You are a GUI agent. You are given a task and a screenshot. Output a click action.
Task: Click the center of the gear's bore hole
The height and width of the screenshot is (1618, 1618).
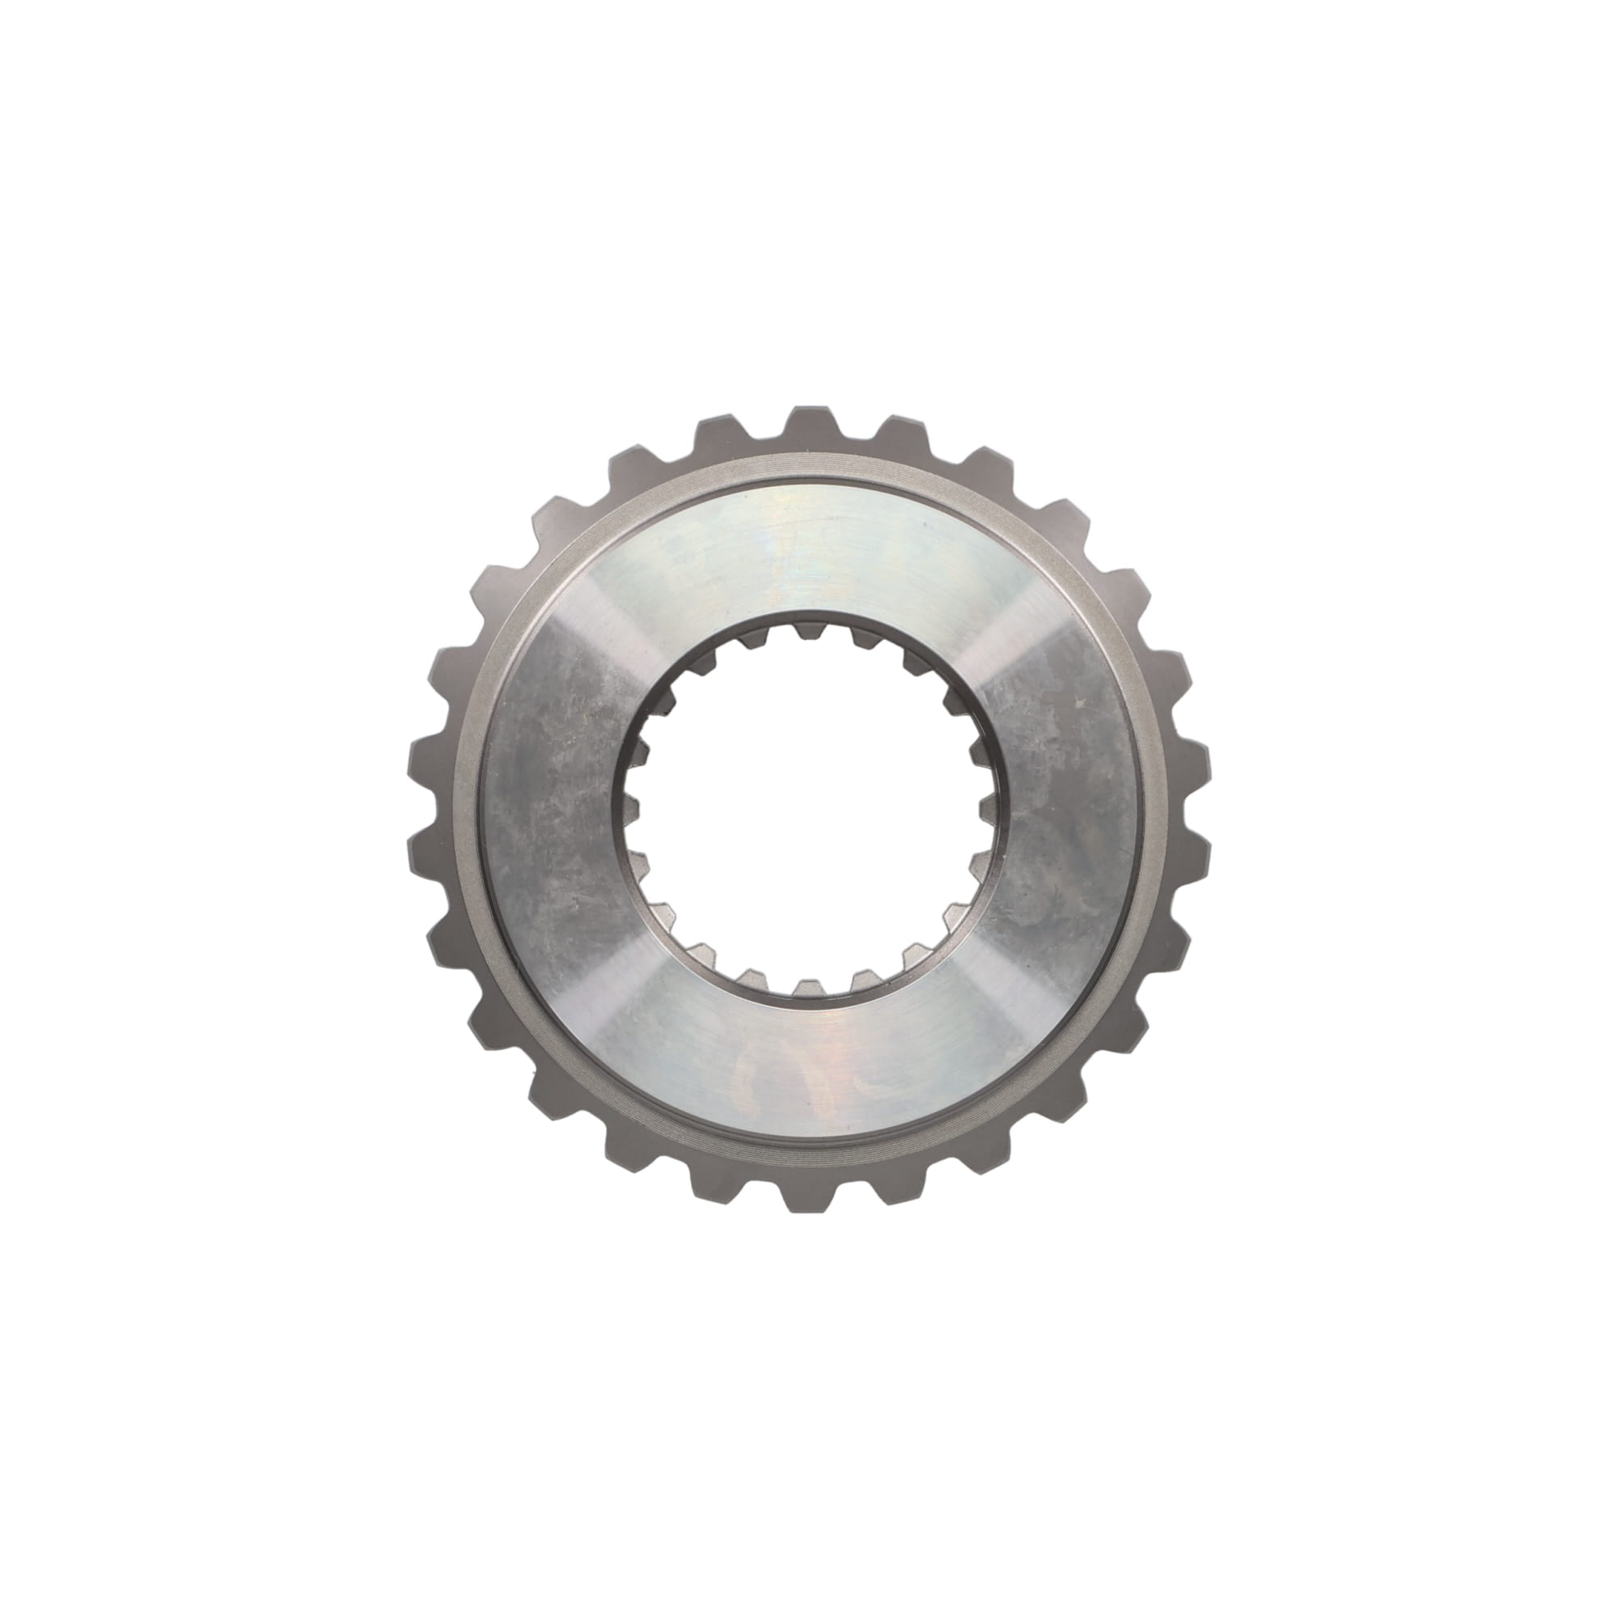(x=808, y=809)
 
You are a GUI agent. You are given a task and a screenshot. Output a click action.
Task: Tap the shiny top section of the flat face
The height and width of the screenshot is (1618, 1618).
(x=808, y=544)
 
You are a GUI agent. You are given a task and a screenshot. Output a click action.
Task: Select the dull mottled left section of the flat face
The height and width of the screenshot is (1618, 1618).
(x=553, y=809)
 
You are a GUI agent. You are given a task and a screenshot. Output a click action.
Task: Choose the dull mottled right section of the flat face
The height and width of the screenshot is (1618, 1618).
(x=1064, y=809)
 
